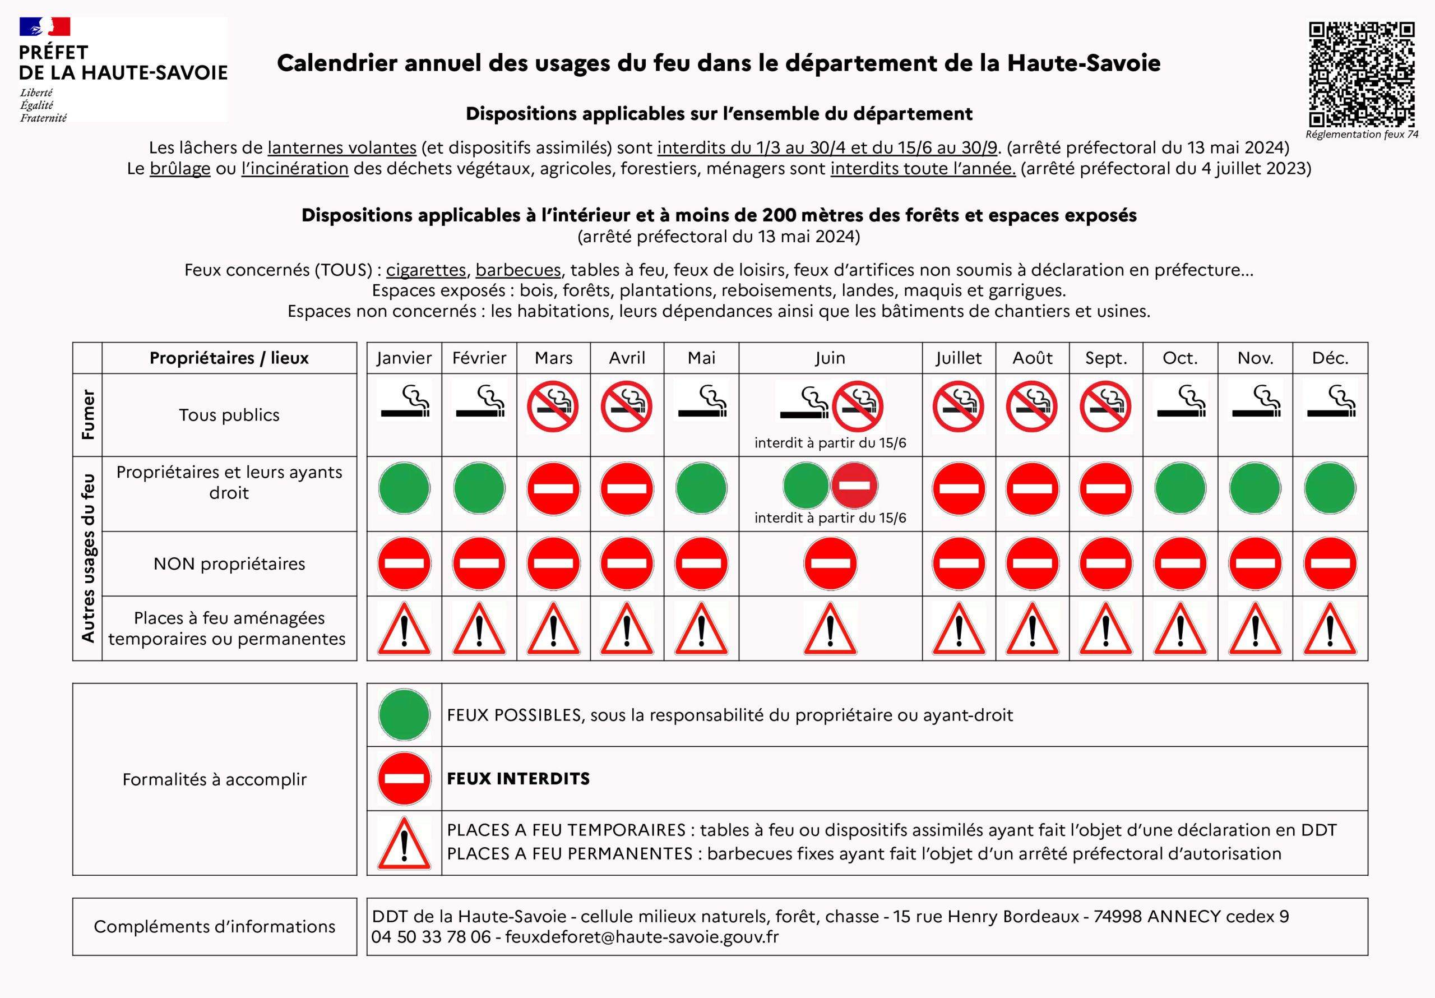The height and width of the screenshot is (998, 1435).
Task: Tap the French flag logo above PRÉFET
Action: tap(44, 26)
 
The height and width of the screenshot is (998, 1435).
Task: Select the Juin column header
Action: tap(830, 358)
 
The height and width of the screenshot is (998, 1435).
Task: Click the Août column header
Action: tap(1032, 358)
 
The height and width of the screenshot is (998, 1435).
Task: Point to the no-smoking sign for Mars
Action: tap(553, 406)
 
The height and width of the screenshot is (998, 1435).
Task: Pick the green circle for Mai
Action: tap(701, 488)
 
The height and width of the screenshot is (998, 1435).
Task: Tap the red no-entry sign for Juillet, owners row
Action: tap(958, 488)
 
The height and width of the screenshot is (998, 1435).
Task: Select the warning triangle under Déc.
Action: tap(1330, 629)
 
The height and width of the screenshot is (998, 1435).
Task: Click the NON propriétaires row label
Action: tap(229, 564)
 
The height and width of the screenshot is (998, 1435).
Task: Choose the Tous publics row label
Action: tap(229, 415)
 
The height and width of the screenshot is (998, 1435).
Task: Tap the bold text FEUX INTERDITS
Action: tap(518, 779)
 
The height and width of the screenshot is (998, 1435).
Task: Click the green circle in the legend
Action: tap(404, 715)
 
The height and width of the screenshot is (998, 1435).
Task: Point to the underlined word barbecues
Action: tap(518, 270)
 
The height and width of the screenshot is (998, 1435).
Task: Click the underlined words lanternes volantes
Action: tap(342, 147)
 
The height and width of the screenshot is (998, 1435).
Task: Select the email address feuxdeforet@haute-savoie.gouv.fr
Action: tap(642, 937)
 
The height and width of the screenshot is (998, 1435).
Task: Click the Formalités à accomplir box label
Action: tap(214, 779)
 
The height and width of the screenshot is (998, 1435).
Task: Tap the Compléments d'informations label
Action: tap(214, 927)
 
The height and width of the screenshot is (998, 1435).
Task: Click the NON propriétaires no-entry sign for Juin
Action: tap(830, 564)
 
